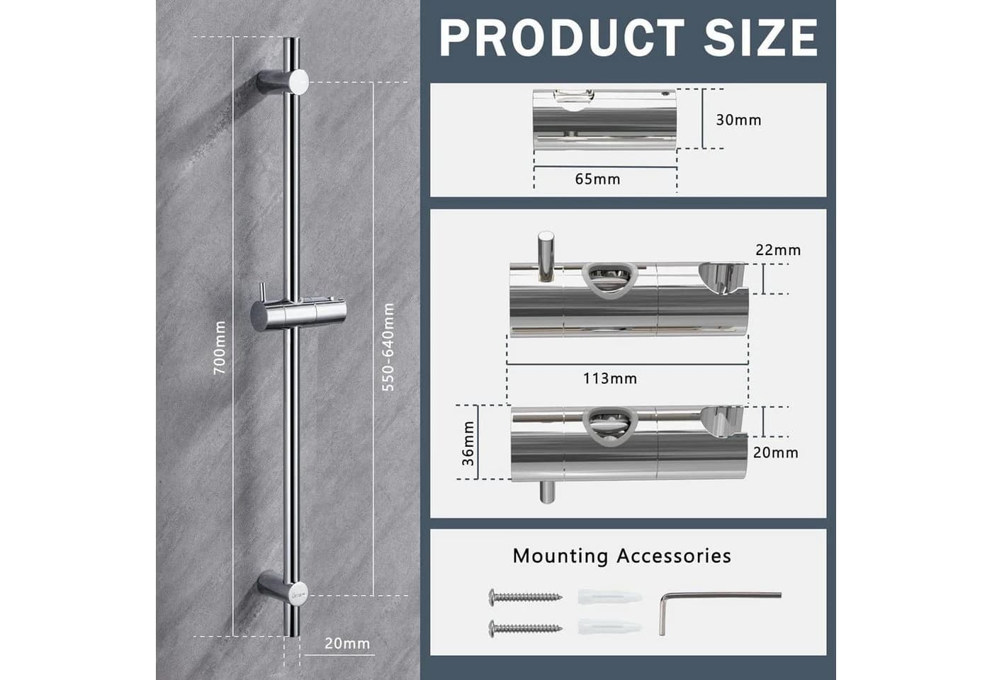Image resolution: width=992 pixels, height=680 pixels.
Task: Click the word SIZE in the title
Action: coord(761,38)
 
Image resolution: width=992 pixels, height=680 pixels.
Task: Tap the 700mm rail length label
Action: coord(220,348)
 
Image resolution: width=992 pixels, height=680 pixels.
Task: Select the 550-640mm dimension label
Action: coord(388,347)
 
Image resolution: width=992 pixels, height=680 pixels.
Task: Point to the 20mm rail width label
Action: coord(347,643)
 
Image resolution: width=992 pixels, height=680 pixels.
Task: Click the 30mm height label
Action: coord(738,120)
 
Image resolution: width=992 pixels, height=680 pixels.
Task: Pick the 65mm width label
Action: coord(597,179)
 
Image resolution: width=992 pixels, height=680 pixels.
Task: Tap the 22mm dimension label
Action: coord(778,250)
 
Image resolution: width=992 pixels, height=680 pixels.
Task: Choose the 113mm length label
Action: coord(610,378)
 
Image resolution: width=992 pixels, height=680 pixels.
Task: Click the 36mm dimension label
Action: coord(468,443)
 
